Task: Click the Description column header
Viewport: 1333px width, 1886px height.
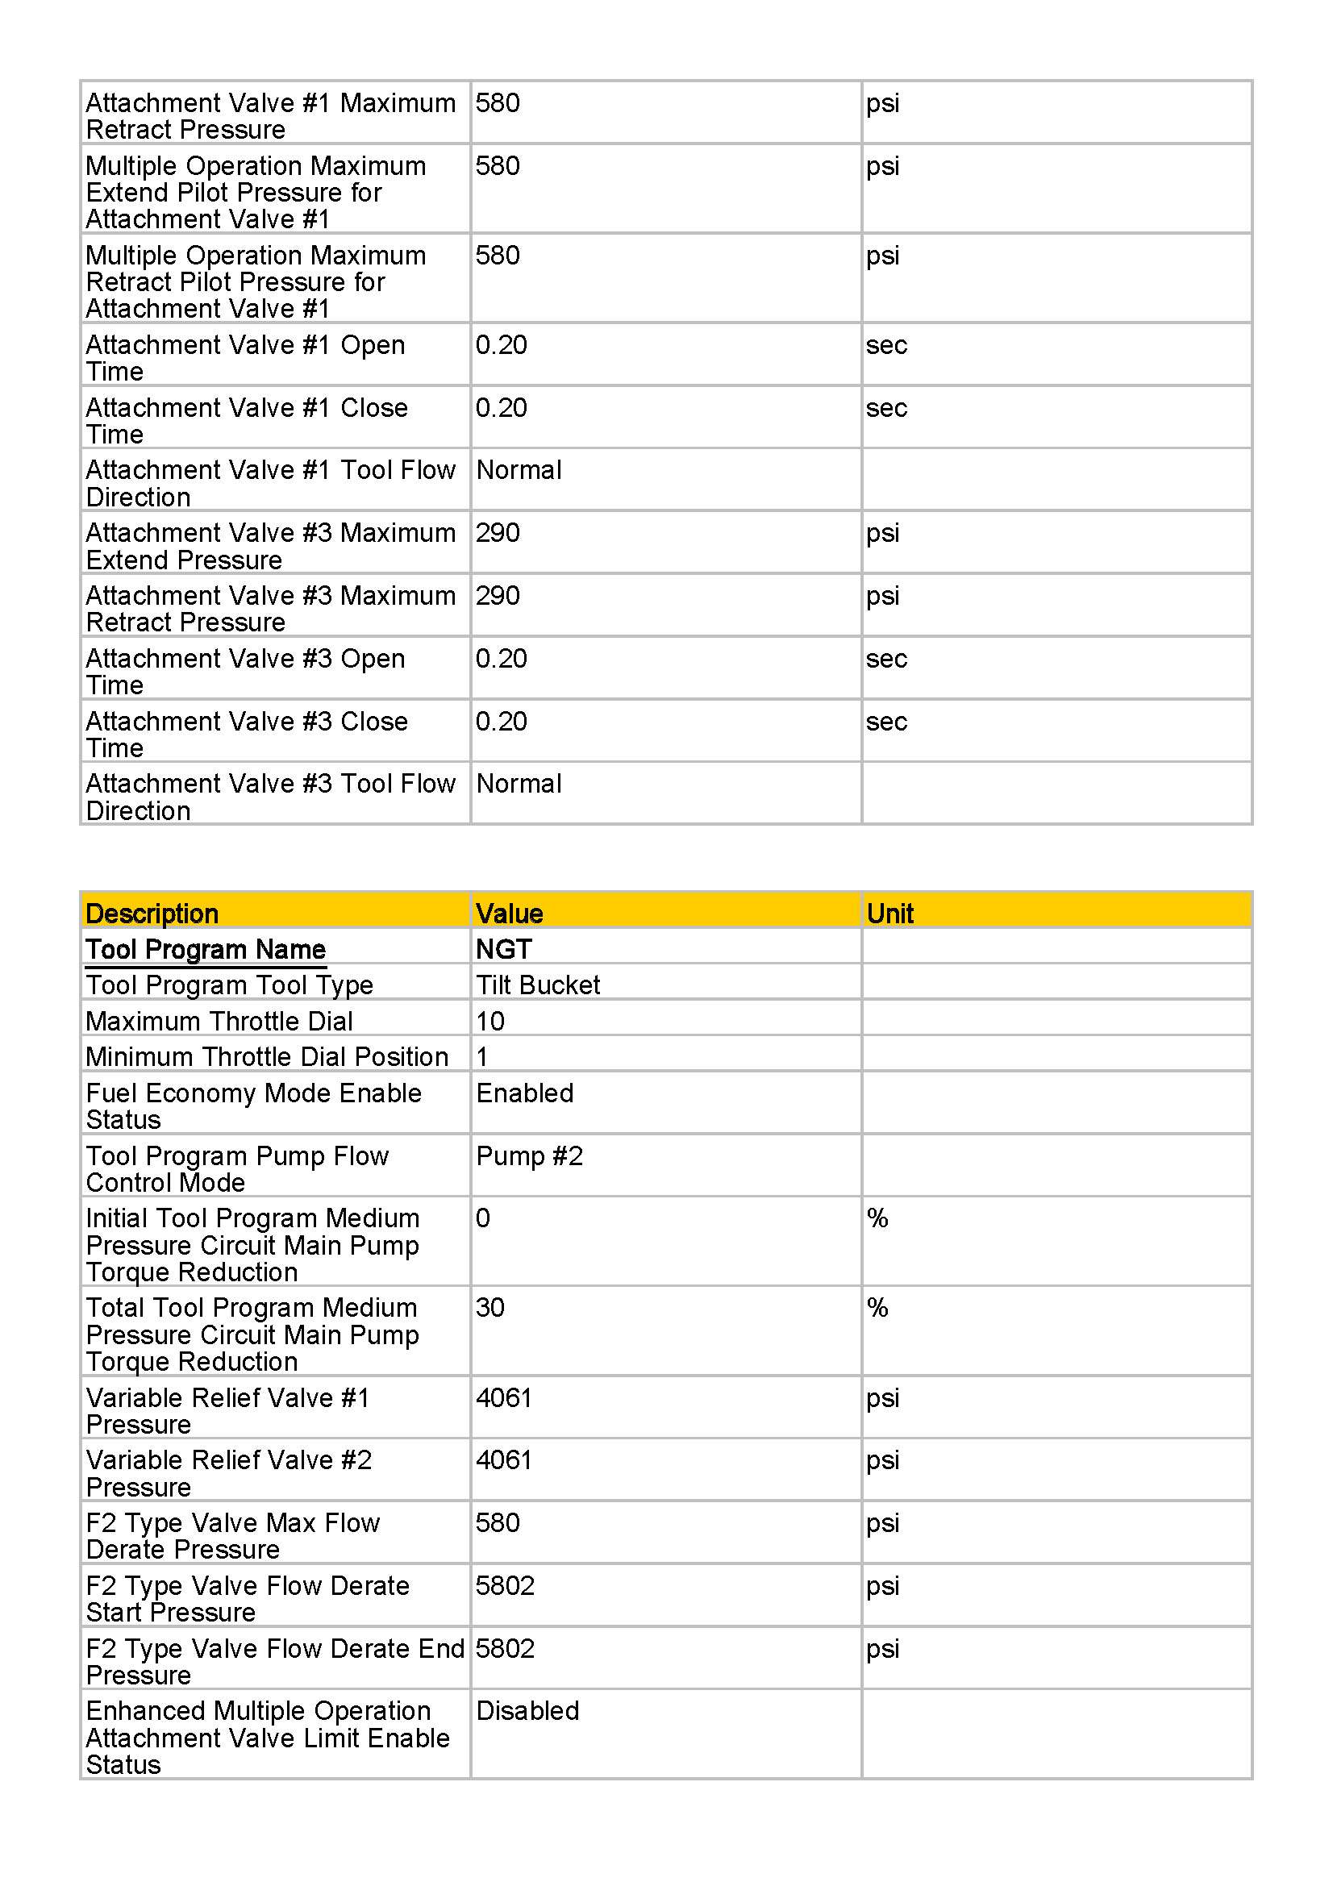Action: (152, 914)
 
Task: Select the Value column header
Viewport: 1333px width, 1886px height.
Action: (508, 914)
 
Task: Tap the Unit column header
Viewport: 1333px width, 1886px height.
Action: (889, 914)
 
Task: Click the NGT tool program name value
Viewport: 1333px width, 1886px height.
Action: (503, 950)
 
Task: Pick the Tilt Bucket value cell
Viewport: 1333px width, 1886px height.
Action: (538, 985)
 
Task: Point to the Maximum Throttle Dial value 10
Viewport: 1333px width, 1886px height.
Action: (490, 1021)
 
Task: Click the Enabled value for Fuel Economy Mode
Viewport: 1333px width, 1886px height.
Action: (525, 1093)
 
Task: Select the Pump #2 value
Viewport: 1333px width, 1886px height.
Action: (529, 1155)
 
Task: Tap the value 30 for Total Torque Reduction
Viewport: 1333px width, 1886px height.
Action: (490, 1308)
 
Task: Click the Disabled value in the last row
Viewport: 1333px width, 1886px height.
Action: (527, 1711)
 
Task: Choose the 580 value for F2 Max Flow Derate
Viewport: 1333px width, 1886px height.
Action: (498, 1523)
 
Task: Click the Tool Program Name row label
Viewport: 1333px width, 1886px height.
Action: (206, 950)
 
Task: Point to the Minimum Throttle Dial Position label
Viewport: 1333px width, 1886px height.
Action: (267, 1057)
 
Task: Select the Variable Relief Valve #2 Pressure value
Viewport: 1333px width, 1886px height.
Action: (503, 1459)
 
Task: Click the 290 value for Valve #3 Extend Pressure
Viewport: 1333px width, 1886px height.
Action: (498, 533)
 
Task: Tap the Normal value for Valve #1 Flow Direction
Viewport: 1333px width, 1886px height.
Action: (519, 471)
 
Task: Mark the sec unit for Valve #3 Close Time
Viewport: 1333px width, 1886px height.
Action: (886, 722)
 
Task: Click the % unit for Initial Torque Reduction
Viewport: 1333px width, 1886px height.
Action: (877, 1218)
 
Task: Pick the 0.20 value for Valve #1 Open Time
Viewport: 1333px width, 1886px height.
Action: (501, 345)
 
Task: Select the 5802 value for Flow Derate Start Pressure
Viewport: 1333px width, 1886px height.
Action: (505, 1585)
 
